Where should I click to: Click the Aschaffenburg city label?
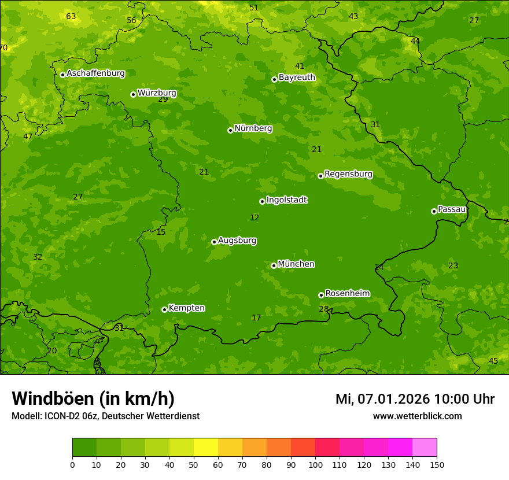click(95, 73)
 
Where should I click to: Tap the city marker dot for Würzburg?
click(133, 94)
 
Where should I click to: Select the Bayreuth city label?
click(297, 77)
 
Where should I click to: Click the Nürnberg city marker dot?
click(230, 130)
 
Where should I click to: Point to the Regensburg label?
click(348, 174)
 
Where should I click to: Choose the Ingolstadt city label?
click(286, 200)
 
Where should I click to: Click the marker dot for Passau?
click(434, 211)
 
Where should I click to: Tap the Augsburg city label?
click(237, 241)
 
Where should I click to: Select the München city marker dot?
click(274, 265)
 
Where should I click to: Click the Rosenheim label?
click(347, 294)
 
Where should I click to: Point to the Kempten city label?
click(186, 308)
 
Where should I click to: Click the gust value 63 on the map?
click(71, 16)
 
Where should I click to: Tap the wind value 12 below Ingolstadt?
click(254, 218)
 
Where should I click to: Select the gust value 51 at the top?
click(254, 8)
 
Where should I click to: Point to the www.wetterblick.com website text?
click(417, 416)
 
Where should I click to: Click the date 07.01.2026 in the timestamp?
click(393, 399)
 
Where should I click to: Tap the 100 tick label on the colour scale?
click(315, 464)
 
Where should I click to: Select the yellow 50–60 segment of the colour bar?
click(206, 448)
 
